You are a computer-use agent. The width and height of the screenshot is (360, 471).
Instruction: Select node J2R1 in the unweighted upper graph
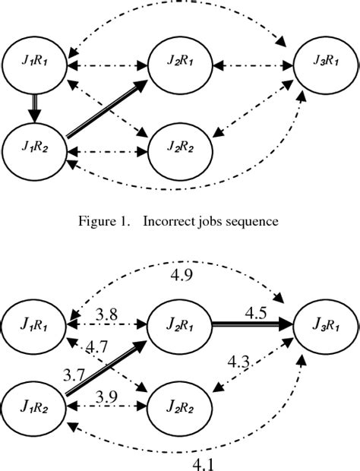pos(179,62)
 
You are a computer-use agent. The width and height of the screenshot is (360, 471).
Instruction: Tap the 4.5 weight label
pos(254,311)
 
